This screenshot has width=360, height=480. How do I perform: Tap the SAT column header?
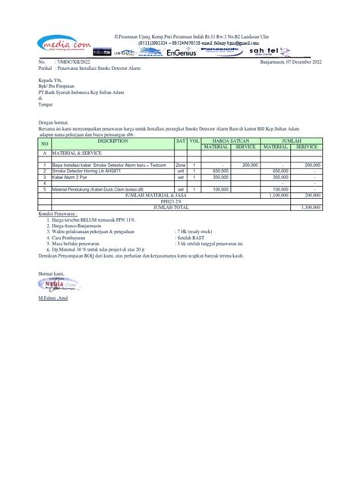[x=181, y=141]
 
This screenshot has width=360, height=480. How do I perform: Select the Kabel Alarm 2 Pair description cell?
[x=75, y=178]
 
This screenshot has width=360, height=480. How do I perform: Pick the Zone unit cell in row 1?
[x=181, y=166]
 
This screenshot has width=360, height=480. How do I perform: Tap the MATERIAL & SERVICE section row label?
[x=77, y=153]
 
